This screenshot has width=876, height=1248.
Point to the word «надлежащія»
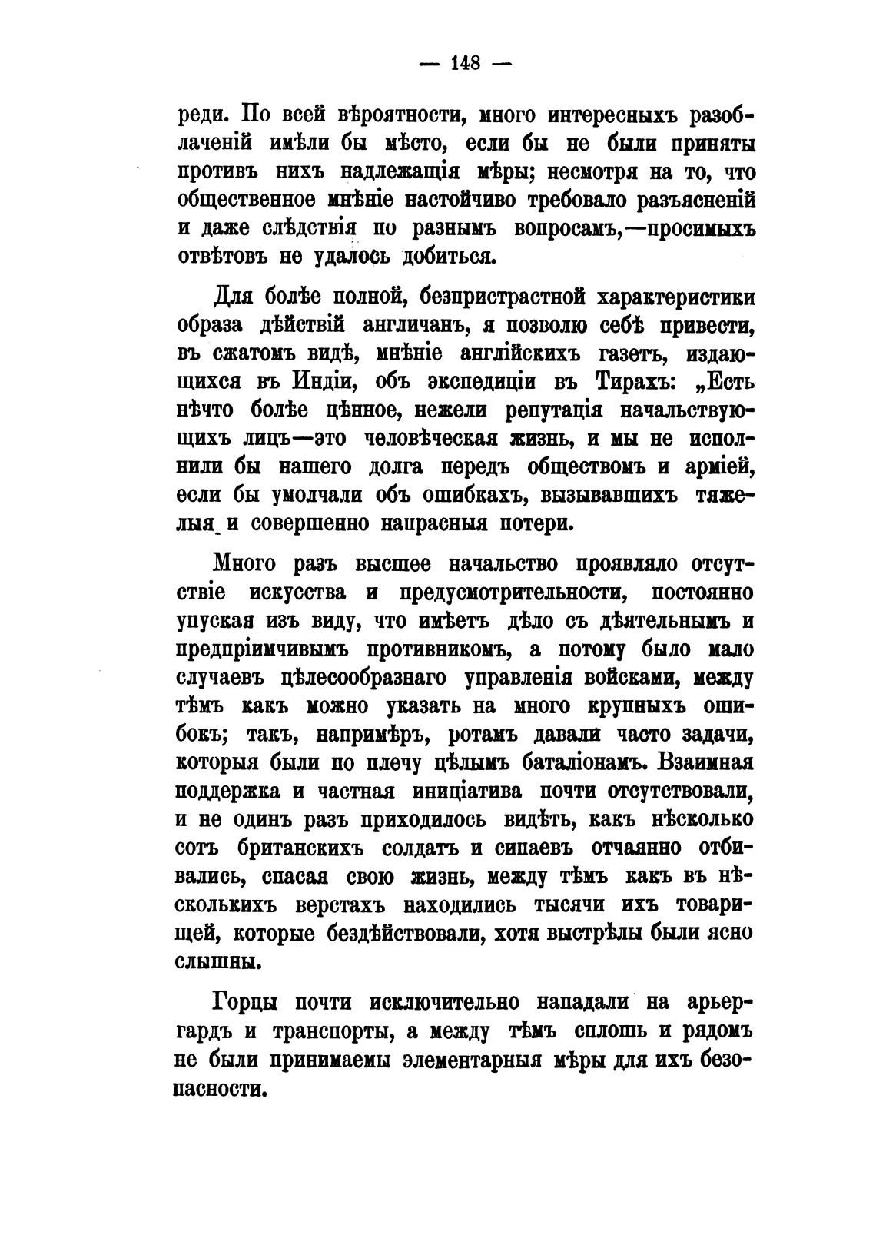coord(395,172)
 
